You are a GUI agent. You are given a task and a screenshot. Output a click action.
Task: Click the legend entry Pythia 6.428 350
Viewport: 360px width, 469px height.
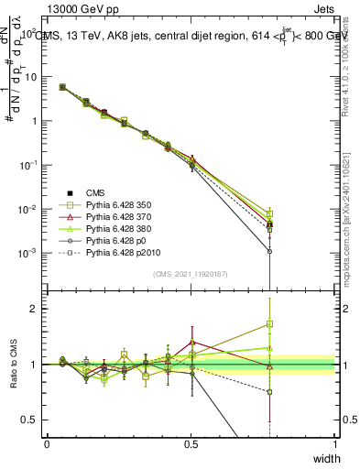(116, 204)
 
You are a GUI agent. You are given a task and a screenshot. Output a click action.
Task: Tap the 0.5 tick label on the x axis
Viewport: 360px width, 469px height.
(191, 442)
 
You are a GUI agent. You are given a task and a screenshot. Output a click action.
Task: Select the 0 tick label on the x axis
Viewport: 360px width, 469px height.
(47, 442)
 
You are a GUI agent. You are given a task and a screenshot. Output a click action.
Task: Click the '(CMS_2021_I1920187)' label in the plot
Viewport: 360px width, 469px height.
(191, 274)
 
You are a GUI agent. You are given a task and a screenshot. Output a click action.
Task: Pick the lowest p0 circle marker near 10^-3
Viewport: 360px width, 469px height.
(269, 250)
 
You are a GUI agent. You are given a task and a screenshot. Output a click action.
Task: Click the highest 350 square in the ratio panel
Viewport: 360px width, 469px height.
(269, 323)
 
